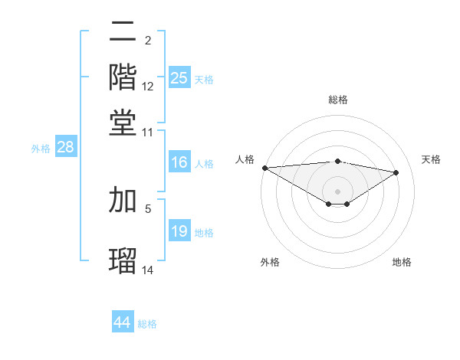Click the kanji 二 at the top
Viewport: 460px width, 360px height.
(123, 31)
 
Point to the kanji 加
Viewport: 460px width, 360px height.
(123, 199)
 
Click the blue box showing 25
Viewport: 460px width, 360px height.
(179, 77)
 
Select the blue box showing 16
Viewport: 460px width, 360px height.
(179, 162)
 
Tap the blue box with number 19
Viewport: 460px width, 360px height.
(179, 231)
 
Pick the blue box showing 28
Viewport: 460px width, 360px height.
(65, 148)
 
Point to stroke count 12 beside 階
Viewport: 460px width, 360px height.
(148, 86)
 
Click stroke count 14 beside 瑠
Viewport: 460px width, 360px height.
(148, 270)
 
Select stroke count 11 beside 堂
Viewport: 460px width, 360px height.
(148, 132)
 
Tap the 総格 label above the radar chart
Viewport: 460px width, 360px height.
(337, 100)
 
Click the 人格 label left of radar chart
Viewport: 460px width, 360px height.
(245, 159)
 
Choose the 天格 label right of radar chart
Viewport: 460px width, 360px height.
(431, 159)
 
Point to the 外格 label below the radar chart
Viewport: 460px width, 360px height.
(270, 262)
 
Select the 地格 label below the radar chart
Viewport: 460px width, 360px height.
(402, 262)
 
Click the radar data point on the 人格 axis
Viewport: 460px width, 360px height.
(264, 168)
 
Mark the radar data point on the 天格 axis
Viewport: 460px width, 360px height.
(396, 172)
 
